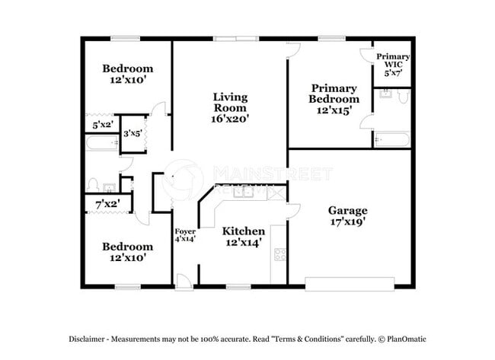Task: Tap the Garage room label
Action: click(347, 210)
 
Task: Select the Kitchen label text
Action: click(243, 231)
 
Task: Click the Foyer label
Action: click(186, 231)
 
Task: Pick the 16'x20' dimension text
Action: click(229, 119)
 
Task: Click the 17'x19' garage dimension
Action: click(347, 222)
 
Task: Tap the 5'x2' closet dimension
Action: click(101, 124)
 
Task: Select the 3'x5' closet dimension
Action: click(134, 133)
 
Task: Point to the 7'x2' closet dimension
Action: click(107, 204)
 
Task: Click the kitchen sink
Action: click(244, 192)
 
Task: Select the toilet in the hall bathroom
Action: click(92, 184)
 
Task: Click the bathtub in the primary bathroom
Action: click(391, 139)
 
